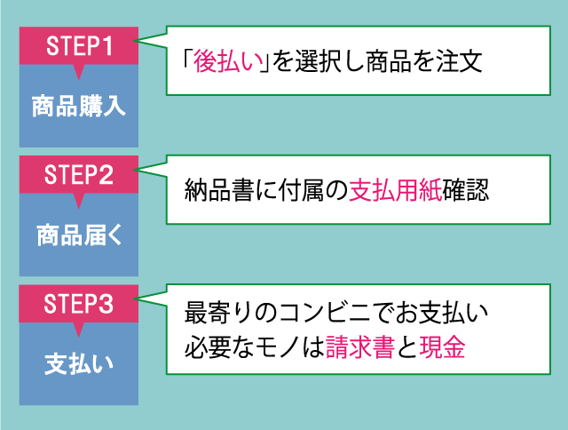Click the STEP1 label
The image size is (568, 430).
(79, 45)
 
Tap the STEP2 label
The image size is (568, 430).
(79, 174)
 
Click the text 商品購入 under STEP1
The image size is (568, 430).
(79, 106)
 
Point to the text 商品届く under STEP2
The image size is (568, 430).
(79, 235)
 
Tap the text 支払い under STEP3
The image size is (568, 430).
(79, 364)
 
